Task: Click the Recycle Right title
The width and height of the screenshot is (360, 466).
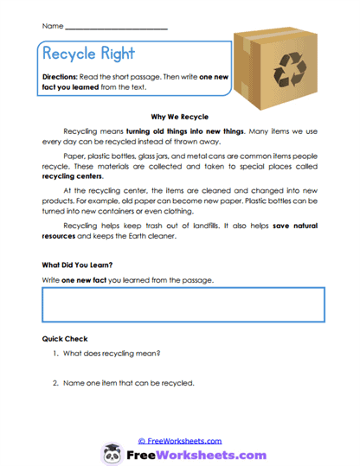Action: (88, 54)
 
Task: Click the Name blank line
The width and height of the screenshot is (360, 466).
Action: (116, 29)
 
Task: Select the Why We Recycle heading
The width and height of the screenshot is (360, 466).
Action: (179, 115)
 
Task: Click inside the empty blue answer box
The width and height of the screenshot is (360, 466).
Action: (183, 304)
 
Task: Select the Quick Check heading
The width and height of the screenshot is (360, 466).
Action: (65, 339)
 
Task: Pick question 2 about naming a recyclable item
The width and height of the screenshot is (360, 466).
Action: (125, 383)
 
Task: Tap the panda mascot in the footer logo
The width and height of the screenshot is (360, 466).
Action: (112, 454)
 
